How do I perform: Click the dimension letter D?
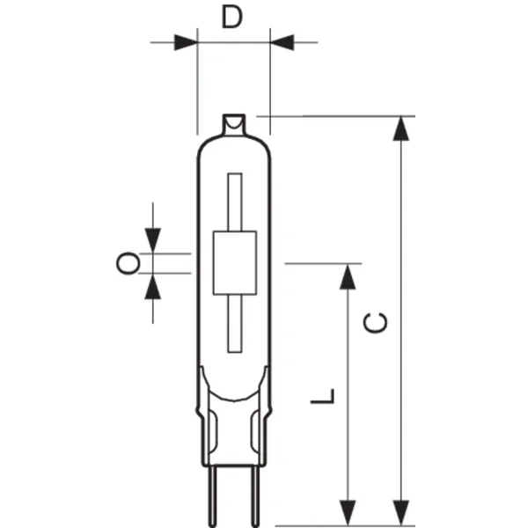point(231,17)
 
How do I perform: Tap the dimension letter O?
point(128,261)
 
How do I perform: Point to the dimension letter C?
point(376,323)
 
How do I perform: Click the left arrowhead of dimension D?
point(186,41)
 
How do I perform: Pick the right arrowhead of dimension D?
point(281,41)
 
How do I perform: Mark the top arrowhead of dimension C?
point(401,128)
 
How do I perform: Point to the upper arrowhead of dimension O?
point(154,239)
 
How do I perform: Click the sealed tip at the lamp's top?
point(233,124)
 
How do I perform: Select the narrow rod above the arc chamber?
point(233,202)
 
